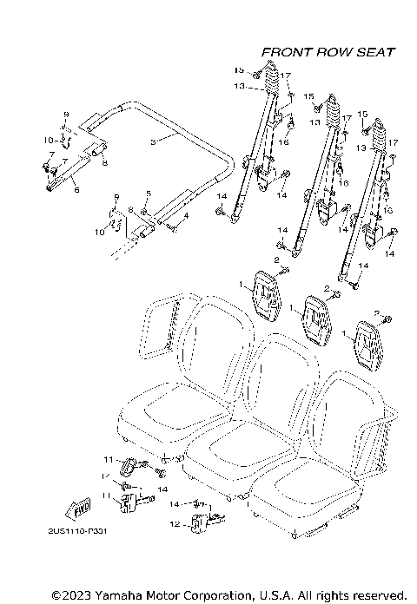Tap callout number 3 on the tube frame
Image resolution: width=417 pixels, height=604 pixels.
(x=154, y=141)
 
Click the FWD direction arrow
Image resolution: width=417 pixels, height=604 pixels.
(x=79, y=509)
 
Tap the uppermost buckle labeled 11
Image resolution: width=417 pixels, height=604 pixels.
(x=129, y=466)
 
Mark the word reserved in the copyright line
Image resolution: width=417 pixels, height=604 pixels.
(x=375, y=595)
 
